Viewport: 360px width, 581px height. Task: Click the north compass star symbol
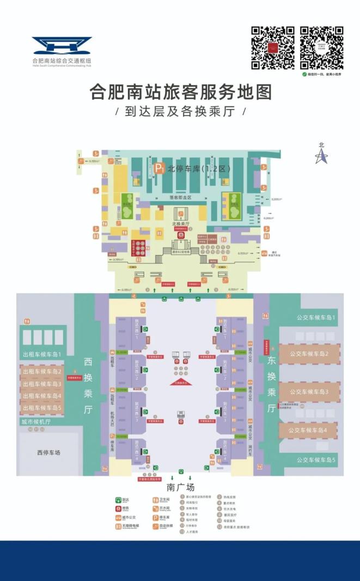click(321, 156)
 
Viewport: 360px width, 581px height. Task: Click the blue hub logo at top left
click(62, 45)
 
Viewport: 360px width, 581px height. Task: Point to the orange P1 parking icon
click(159, 169)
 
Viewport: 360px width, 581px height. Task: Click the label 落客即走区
click(180, 197)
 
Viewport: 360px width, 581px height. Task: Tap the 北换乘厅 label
click(180, 223)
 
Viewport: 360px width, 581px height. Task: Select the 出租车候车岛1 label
click(42, 354)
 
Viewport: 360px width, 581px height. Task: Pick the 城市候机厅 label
click(36, 421)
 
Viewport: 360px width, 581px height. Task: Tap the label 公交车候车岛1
click(316, 317)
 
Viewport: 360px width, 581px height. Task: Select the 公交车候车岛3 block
click(309, 392)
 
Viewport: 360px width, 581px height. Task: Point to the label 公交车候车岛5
click(316, 460)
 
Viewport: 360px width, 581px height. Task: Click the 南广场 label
click(180, 487)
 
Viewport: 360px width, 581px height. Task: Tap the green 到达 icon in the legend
click(118, 500)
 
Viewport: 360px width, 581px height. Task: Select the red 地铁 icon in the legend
click(118, 509)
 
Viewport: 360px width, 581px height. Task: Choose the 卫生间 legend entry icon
click(155, 500)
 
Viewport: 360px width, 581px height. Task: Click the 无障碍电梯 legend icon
click(118, 527)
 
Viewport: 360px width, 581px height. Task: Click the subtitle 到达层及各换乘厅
click(180, 111)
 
